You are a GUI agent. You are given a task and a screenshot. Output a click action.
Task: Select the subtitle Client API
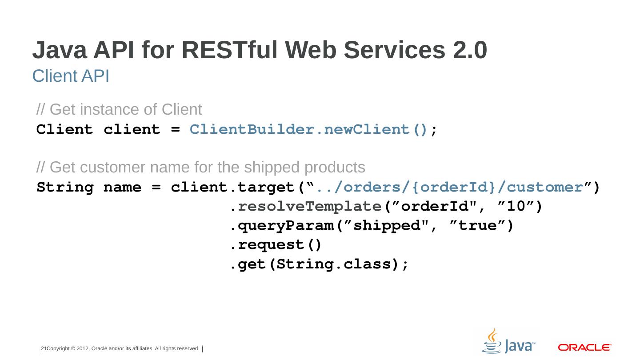[71, 76]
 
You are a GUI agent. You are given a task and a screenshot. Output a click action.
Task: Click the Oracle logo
[584, 347]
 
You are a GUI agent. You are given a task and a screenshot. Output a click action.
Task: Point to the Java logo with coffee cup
[508, 342]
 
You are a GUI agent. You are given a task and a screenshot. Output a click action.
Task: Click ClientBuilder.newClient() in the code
[309, 130]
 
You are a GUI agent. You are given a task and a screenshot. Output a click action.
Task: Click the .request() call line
[276, 245]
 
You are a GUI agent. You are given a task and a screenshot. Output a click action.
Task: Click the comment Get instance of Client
[119, 109]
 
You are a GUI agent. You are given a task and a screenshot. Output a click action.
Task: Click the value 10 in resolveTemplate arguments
[516, 207]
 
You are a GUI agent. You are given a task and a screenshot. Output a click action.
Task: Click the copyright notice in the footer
[123, 349]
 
